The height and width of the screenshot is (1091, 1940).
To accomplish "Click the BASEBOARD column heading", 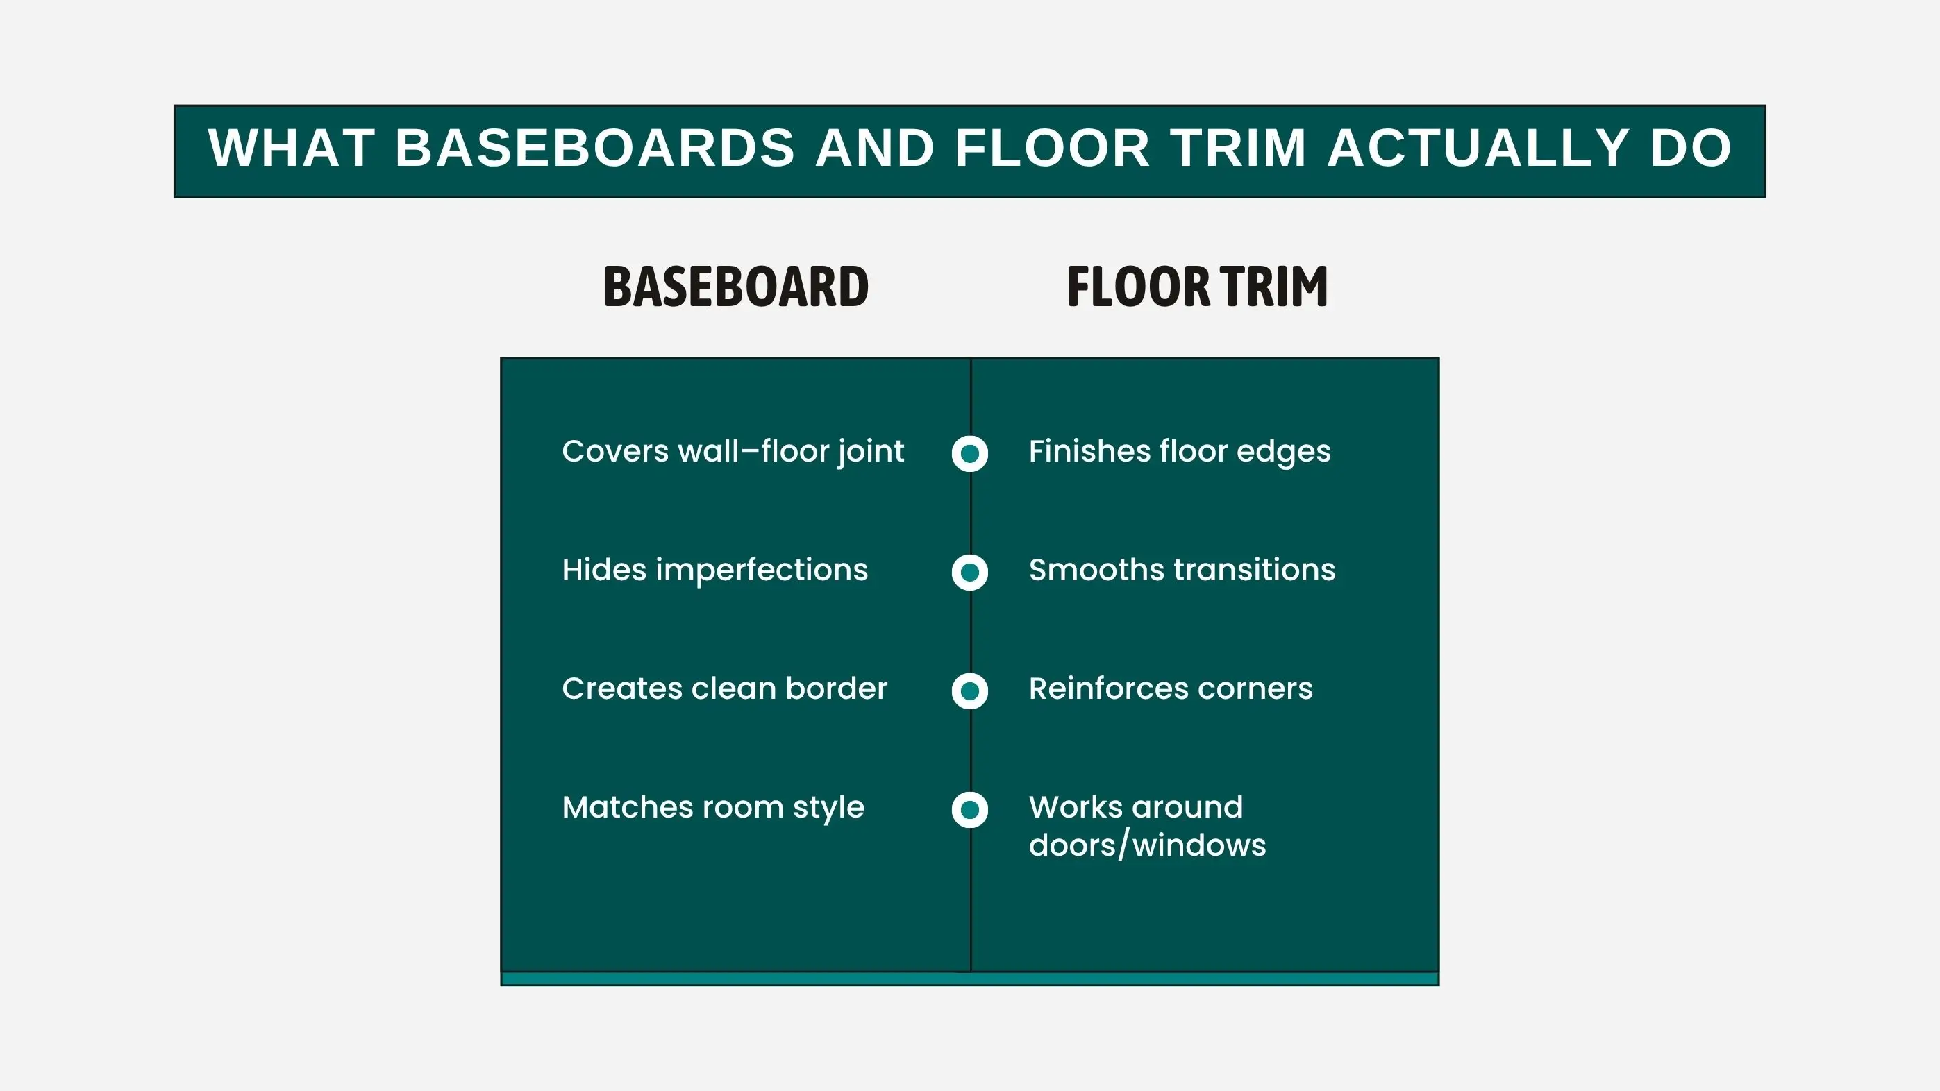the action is (x=736, y=287).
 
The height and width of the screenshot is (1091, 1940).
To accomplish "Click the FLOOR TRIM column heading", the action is (x=1198, y=287).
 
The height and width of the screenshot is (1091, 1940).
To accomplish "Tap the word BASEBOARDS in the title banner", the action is (x=595, y=148).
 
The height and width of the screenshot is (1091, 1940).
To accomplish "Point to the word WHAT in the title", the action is (x=292, y=148).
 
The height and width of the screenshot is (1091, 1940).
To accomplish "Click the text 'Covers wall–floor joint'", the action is (x=733, y=452).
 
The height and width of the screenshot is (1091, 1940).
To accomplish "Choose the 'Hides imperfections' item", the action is (x=714, y=570).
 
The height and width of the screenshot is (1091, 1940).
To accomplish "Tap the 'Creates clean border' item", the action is (x=724, y=688).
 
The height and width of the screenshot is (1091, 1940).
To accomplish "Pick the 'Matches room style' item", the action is (x=713, y=808).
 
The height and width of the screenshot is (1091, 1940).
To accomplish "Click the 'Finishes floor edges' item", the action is (x=1180, y=452).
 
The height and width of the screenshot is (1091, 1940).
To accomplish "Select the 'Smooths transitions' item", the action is (x=1182, y=570).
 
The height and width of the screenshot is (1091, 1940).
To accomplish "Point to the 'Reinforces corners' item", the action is (x=1171, y=688).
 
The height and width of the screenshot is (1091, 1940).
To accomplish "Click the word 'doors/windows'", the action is (x=1148, y=845).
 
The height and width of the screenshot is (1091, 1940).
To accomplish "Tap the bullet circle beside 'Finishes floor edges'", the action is (x=970, y=453).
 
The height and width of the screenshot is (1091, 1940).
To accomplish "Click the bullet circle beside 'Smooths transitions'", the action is (x=970, y=573).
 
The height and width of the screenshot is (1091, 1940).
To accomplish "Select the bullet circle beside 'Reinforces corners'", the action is (x=970, y=691).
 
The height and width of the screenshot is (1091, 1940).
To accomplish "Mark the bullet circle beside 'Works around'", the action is (x=970, y=809).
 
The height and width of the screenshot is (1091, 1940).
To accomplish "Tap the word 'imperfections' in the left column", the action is (x=762, y=570).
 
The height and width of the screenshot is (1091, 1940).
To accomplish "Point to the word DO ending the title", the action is (x=1691, y=148).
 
